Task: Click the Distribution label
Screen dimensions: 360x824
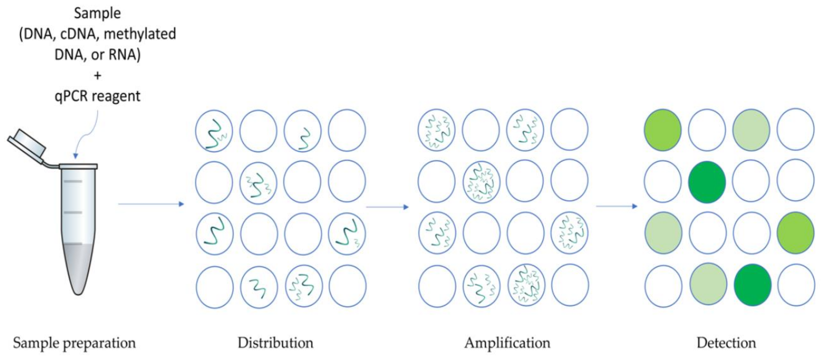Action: pos(275,343)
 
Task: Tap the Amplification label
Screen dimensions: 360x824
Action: pos(507,343)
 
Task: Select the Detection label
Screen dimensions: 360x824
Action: pos(726,343)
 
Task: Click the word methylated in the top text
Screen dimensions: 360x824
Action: pos(140,34)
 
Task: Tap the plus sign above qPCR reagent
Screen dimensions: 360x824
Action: pos(97,76)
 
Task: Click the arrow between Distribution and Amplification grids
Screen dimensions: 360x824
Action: pos(387,207)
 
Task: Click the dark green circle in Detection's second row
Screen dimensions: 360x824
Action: pos(707,182)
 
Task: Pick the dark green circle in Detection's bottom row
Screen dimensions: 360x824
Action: pos(752,285)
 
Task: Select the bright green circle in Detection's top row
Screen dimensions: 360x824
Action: pos(662,130)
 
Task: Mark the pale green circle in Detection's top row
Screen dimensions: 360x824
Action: pos(751,130)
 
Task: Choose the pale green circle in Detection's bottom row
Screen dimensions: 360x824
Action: pos(708,284)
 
